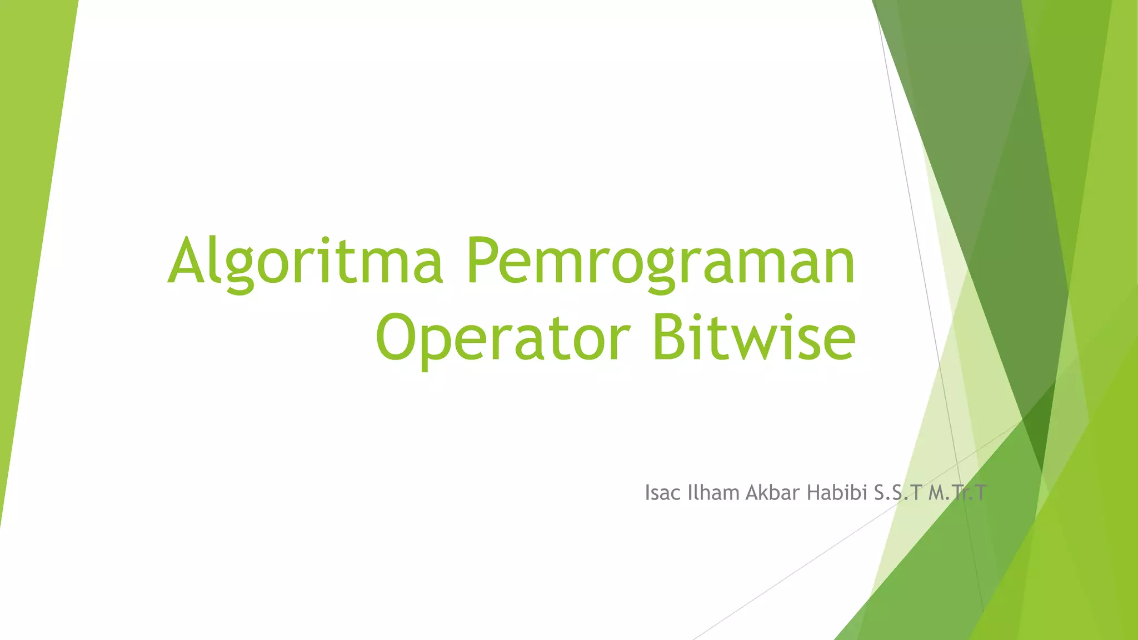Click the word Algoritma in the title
coord(305,261)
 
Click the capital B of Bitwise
coord(670,337)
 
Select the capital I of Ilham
coord(690,493)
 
